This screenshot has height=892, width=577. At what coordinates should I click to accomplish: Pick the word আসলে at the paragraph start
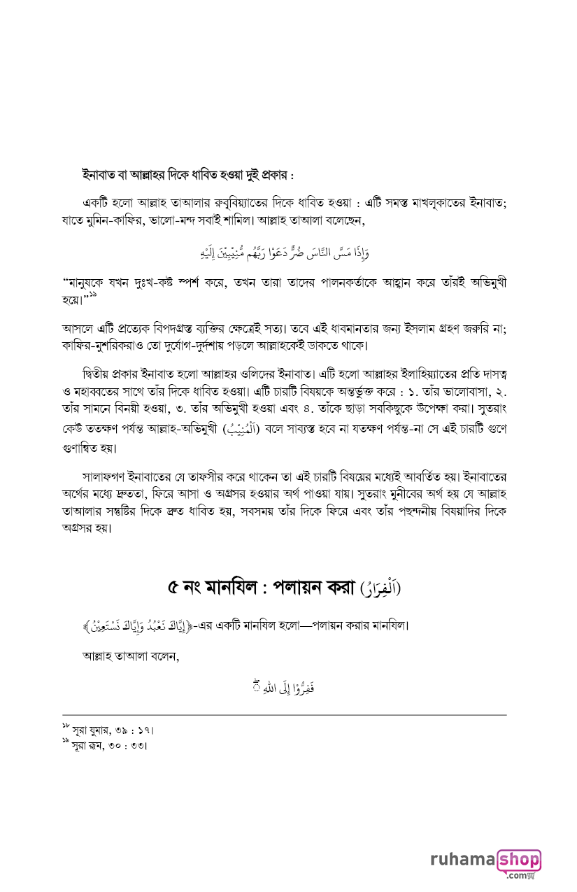pyautogui.click(x=78, y=327)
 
